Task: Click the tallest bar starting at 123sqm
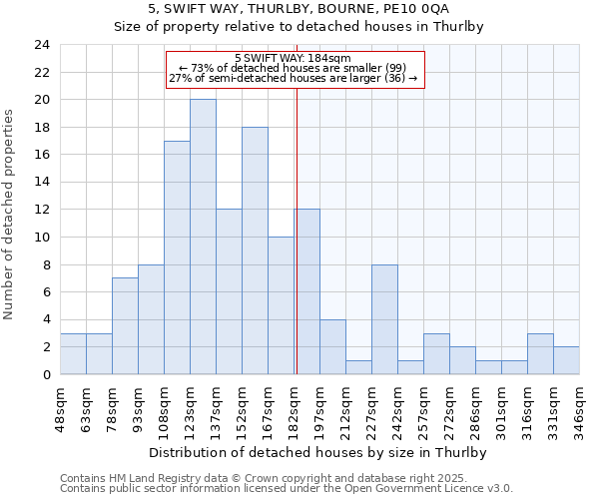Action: [203, 237]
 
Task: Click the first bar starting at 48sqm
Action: [73, 353]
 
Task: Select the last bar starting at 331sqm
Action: [566, 360]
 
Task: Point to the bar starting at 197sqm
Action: [332, 346]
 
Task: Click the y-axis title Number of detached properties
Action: [10, 210]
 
